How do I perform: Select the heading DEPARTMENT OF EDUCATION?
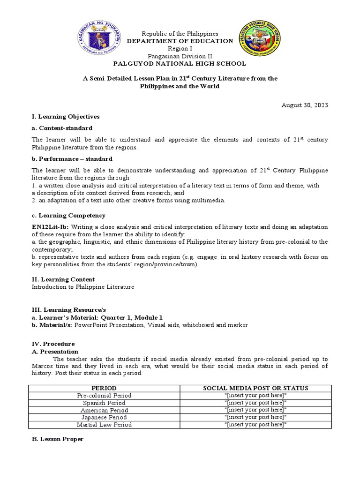click(x=180, y=41)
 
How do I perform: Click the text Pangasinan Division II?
click(x=180, y=56)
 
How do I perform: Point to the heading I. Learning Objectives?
click(x=65, y=116)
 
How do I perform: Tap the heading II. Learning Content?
click(x=63, y=279)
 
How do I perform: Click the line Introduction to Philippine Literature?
click(x=82, y=287)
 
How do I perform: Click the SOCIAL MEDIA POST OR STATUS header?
click(x=255, y=388)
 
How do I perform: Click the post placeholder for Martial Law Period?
click(x=255, y=425)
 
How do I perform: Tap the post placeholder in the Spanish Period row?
click(x=255, y=403)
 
